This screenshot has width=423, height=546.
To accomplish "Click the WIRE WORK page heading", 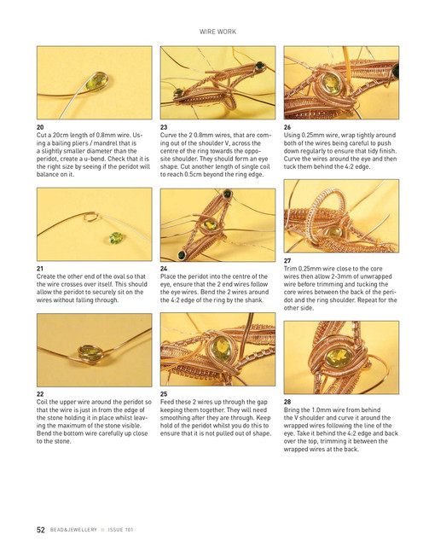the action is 217,32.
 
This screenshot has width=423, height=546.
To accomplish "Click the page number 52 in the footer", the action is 41,530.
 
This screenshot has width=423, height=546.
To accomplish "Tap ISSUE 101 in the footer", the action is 120,530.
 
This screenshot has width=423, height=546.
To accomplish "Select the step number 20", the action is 40,127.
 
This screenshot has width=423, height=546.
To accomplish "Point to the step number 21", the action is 40,269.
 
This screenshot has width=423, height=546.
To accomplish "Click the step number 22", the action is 40,394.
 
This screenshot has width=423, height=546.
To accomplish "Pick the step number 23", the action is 164,127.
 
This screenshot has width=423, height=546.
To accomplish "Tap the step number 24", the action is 164,269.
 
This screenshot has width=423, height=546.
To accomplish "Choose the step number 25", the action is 164,394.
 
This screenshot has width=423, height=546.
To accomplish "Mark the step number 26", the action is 287,127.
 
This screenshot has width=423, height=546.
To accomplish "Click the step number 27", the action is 287,260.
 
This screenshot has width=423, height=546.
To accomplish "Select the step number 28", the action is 287,402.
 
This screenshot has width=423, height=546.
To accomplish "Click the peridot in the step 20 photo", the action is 96,82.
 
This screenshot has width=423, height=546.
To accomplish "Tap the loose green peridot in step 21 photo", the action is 116,238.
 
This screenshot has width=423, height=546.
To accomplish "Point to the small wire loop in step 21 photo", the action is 91,218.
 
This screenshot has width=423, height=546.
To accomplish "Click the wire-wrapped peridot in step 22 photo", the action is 90,353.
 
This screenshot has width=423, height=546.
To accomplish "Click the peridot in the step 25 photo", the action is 222,349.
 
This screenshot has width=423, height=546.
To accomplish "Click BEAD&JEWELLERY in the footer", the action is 73,530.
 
